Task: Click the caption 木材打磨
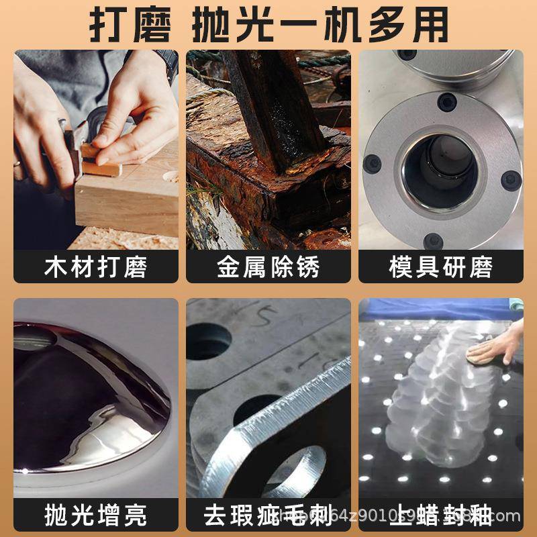(x=95, y=266)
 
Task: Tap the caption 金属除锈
(x=268, y=266)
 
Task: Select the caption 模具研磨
(x=440, y=266)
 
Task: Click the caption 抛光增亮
(x=95, y=516)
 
